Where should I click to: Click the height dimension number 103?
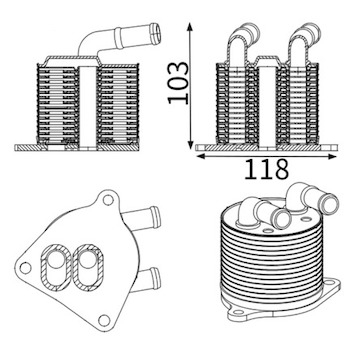tap(178, 83)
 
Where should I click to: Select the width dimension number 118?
tap(266, 169)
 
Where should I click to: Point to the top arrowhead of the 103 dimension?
tap(190, 27)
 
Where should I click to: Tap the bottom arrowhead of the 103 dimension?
tap(190, 144)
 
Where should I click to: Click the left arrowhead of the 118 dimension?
tap(201, 156)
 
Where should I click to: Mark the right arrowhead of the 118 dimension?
tap(332, 156)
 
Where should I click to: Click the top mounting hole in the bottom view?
tap(108, 200)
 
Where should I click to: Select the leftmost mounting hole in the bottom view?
tap(26, 268)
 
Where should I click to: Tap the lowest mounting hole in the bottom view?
tap(104, 320)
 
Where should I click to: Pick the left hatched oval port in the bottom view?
tap(56, 267)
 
